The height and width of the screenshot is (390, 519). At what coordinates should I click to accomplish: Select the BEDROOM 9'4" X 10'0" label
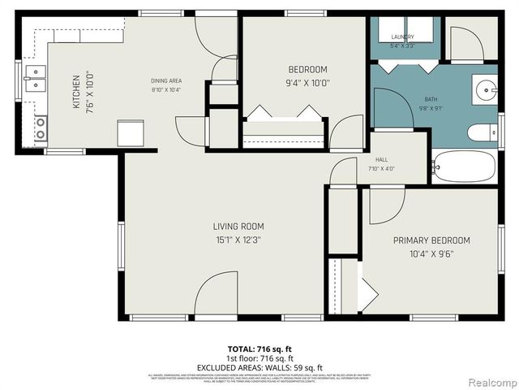307,69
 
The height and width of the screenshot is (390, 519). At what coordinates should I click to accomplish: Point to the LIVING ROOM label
238,227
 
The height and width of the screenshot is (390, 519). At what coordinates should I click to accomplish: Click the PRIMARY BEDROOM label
431,240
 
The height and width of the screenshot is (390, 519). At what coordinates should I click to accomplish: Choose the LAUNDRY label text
402,37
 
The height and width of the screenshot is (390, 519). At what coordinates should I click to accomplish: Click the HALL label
381,160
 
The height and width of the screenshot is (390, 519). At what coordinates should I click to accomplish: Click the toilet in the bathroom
483,132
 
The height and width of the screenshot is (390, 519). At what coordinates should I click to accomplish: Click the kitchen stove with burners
39,128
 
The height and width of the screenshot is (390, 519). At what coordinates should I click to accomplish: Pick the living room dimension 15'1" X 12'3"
238,240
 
